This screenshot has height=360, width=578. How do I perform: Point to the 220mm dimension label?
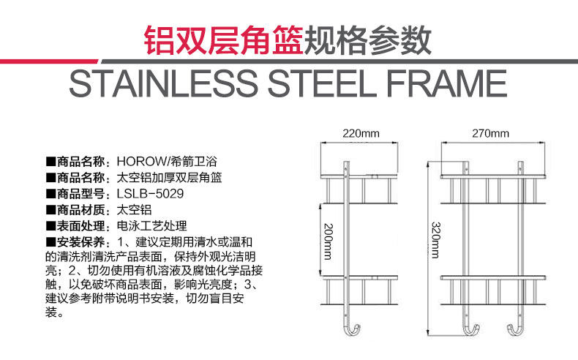coord(361,133)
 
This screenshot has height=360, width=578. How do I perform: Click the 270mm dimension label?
coord(490,133)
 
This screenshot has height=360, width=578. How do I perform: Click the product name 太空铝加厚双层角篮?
coord(169,177)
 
